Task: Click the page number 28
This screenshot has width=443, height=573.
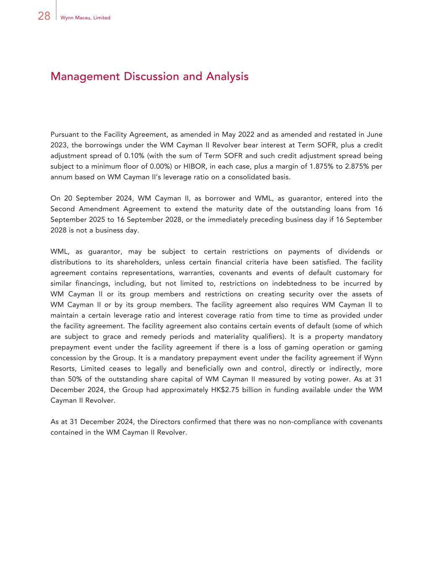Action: coord(44,16)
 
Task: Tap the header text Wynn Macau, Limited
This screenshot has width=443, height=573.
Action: coord(85,18)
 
